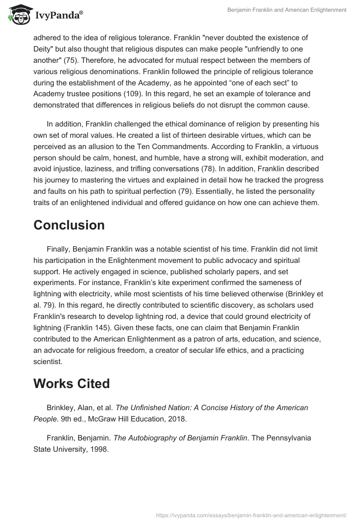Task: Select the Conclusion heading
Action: click(x=69, y=225)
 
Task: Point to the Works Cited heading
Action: click(x=72, y=384)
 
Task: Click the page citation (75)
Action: click(x=75, y=60)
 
